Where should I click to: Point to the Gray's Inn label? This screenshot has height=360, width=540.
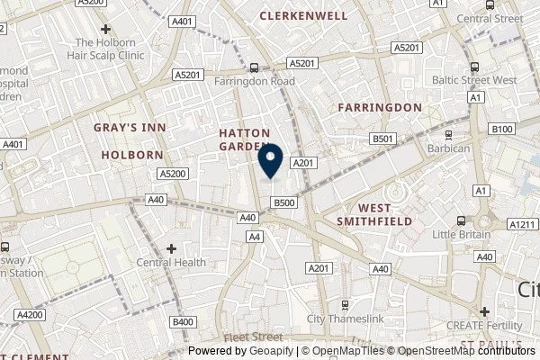click(x=130, y=129)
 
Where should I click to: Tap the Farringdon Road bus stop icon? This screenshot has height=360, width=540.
click(x=255, y=67)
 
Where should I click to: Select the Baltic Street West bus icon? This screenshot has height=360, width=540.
click(x=474, y=67)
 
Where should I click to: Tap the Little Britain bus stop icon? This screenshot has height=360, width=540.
click(x=461, y=221)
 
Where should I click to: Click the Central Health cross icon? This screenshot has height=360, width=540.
click(x=171, y=248)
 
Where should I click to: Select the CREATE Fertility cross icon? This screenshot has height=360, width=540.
click(x=484, y=310)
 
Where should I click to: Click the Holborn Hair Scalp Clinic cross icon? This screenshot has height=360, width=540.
click(x=106, y=30)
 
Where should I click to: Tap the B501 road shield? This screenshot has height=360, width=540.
click(x=384, y=139)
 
